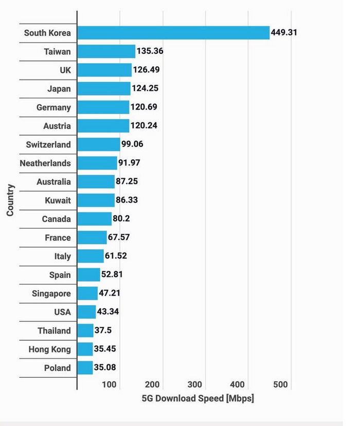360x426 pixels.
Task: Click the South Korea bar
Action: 173,33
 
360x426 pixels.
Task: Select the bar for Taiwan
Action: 106,51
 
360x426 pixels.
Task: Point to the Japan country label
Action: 59,89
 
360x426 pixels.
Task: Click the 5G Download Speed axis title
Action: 197,399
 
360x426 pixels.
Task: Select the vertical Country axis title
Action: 10,200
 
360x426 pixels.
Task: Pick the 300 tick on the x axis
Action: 195,384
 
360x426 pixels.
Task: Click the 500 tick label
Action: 280,384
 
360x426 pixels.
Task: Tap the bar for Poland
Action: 85,368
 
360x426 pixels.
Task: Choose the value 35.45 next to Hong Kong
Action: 105,349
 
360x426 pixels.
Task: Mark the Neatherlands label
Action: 45,163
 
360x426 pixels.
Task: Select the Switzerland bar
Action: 99,144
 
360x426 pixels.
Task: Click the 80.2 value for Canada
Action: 121,219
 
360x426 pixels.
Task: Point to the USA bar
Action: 87,312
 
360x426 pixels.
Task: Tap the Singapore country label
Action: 51,293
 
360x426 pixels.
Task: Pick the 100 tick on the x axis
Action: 109,384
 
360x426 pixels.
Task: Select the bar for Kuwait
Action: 96,200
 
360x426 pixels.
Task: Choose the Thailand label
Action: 54,330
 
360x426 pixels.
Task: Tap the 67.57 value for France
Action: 119,237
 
